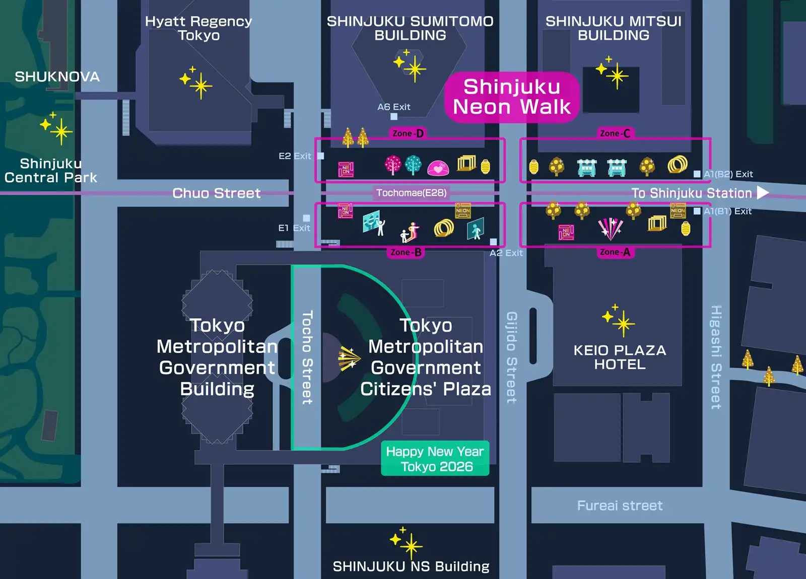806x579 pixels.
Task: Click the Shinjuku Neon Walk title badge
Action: [512, 97]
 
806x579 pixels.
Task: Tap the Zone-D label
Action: [408, 133]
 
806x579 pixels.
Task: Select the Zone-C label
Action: [615, 133]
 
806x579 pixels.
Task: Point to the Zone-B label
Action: [406, 252]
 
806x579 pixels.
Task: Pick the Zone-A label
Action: [615, 252]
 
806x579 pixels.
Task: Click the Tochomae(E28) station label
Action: [411, 193]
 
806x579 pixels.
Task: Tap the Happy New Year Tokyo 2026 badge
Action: [435, 459]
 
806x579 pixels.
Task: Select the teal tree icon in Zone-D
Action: [413, 165]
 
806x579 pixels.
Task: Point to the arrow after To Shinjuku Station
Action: [763, 193]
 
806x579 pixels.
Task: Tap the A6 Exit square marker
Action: [394, 116]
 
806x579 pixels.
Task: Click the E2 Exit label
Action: [295, 156]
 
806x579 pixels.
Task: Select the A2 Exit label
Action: [506, 253]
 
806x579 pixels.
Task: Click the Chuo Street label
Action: [216, 193]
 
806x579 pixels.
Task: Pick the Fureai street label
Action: [620, 505]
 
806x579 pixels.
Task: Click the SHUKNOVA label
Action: [57, 77]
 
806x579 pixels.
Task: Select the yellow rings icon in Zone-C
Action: [678, 164]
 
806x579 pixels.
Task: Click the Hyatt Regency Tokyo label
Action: [198, 28]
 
